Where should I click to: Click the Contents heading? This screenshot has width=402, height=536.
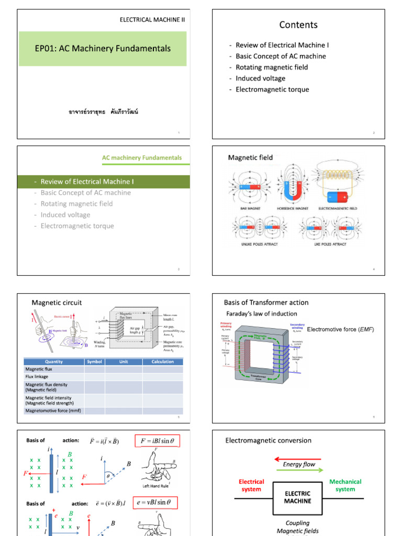(x=298, y=25)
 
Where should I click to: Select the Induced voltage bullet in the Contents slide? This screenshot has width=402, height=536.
(x=260, y=79)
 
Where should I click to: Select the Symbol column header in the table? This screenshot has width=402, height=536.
(x=94, y=362)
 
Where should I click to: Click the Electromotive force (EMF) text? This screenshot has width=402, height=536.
(x=340, y=329)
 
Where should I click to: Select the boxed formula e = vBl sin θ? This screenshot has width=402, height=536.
(x=156, y=504)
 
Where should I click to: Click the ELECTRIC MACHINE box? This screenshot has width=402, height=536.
(x=297, y=497)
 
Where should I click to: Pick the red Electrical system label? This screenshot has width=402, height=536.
(x=251, y=485)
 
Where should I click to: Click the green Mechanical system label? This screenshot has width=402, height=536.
(x=345, y=485)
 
